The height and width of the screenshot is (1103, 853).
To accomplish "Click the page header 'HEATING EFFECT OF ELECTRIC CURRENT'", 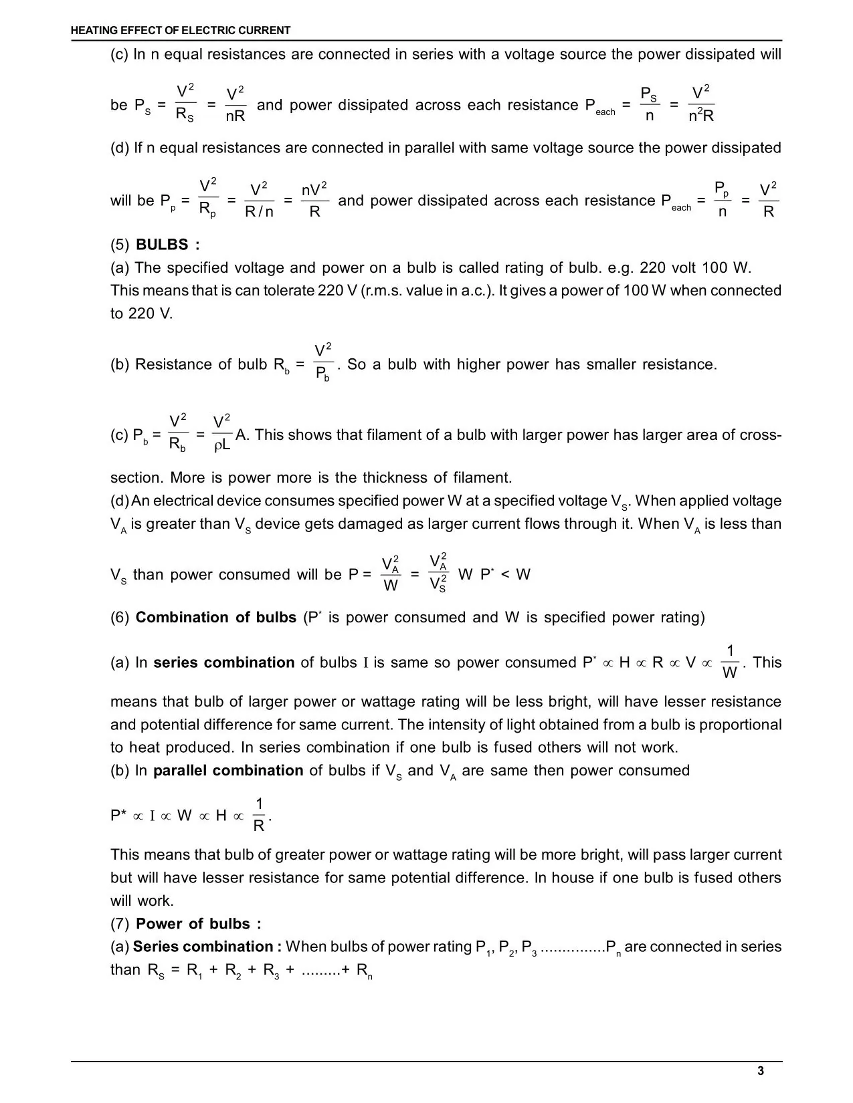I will click(181, 30).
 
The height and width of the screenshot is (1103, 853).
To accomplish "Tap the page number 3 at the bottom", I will click(761, 1071).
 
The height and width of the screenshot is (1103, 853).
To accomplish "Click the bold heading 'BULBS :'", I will click(167, 245).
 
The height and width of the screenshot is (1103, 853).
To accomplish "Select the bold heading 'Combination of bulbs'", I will click(215, 617).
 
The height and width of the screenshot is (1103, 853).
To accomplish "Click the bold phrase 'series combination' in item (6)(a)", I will click(223, 662).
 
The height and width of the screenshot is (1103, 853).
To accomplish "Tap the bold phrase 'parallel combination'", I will click(228, 771).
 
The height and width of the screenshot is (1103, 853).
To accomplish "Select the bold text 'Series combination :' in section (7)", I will click(207, 947).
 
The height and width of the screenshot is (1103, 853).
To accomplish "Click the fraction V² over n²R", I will click(701, 104).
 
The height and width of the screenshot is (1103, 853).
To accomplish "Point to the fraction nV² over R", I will click(314, 201).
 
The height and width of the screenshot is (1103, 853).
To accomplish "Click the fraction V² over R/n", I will click(259, 201).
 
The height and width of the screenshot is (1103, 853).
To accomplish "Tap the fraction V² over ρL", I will click(222, 434).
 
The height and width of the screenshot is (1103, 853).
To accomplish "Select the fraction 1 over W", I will click(730, 662).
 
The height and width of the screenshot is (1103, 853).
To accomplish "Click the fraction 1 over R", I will click(259, 815).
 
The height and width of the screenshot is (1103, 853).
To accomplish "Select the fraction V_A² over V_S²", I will click(438, 573).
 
